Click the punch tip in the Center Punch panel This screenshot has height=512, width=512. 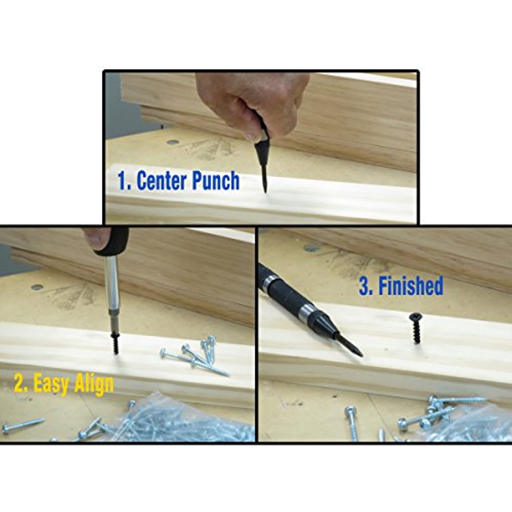tap(265, 192)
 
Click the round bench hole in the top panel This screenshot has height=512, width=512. tap(172, 141)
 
